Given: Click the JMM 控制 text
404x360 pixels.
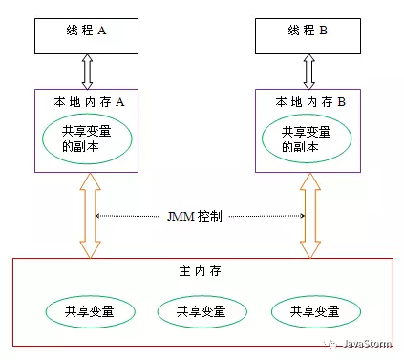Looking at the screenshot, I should tap(197, 217).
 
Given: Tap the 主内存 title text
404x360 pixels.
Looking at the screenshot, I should tap(196, 273).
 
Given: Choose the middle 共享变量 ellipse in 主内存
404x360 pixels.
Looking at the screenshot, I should tap(197, 311).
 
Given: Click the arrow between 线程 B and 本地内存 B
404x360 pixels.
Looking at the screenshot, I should tap(305, 71).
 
